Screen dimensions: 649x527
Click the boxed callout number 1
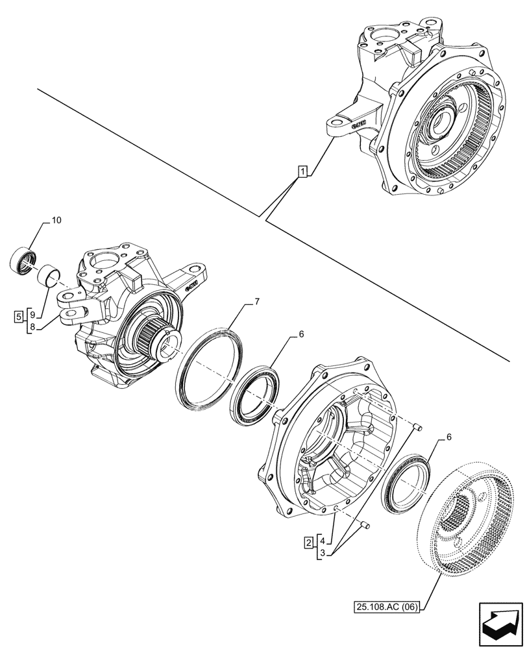click(x=302, y=171)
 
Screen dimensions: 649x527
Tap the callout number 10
click(x=56, y=221)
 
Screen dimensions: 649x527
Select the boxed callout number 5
click(x=19, y=316)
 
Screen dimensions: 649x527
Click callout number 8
click(x=32, y=326)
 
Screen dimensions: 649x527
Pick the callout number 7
click(x=257, y=302)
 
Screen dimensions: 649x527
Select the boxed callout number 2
click(x=310, y=541)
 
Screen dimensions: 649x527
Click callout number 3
click(x=323, y=553)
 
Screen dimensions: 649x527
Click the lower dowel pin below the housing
click(x=365, y=524)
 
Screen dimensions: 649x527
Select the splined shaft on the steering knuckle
click(x=154, y=337)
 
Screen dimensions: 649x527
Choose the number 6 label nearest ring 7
click(x=300, y=334)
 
